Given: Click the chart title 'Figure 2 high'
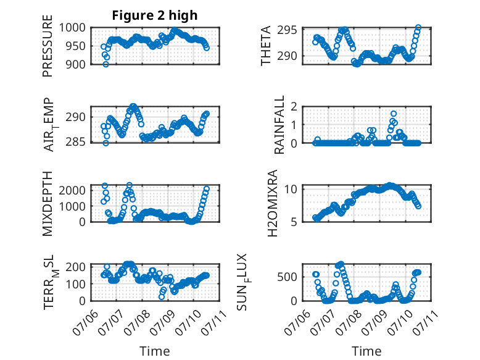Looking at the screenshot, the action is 155,15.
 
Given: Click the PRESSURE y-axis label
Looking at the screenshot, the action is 48,46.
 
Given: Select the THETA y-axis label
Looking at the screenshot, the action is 266,46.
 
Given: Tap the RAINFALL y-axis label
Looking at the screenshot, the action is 279,124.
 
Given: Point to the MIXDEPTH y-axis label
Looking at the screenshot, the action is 48,203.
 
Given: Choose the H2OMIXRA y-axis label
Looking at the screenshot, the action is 273,203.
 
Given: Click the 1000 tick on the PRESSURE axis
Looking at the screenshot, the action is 72,28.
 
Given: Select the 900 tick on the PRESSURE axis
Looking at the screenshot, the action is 76,64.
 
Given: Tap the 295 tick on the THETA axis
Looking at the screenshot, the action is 287,30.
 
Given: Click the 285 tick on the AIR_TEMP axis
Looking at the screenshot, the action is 76,142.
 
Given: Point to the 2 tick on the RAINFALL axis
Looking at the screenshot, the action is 294,107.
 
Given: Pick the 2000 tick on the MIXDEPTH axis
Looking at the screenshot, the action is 72,190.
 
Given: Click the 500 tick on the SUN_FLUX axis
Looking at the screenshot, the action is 287,277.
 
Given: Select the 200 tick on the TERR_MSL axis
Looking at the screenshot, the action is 76,267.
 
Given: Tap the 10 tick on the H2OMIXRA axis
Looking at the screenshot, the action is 291,189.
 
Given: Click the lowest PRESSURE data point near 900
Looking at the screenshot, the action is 106,64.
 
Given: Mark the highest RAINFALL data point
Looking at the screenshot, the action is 394,114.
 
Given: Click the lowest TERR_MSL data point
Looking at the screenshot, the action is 162,296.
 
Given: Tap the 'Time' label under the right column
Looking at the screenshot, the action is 366,351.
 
